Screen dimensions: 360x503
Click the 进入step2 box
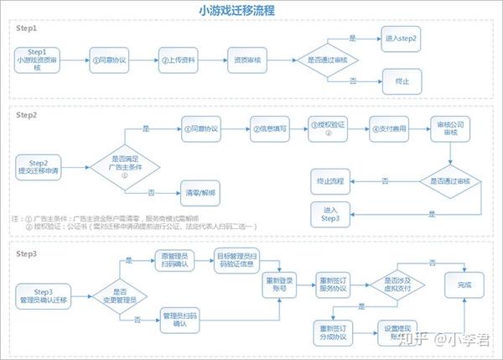tap(400, 39)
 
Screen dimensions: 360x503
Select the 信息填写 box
tap(270, 129)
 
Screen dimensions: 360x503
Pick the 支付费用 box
tap(390, 129)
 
